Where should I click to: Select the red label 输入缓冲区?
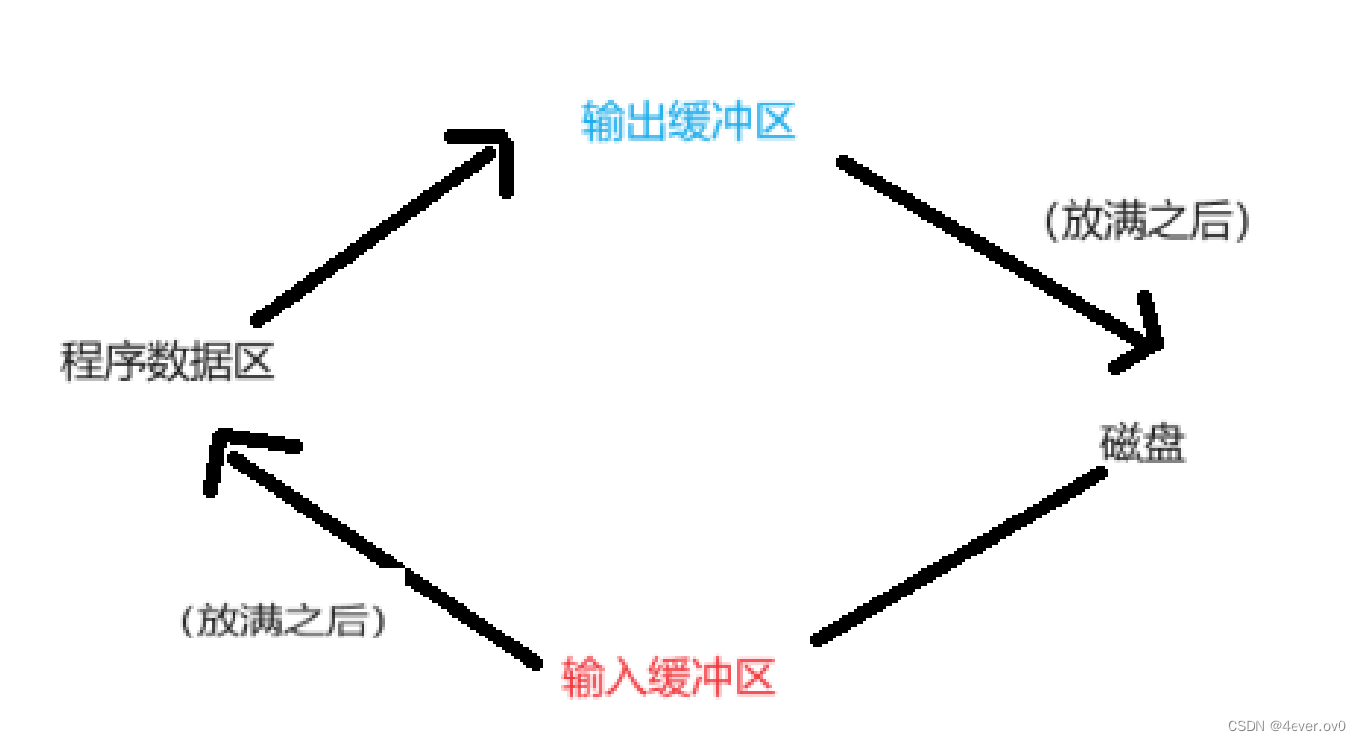click(668, 677)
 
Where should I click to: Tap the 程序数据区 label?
click(167, 362)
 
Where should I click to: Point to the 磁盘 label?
click(1142, 444)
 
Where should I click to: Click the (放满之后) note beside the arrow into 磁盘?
click(1146, 223)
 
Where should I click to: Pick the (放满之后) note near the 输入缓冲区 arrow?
click(282, 621)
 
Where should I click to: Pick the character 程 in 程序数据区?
click(81, 362)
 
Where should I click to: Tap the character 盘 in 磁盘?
click(1164, 444)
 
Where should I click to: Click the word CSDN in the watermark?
click(1246, 726)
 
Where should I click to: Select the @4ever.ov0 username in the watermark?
click(1307, 726)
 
